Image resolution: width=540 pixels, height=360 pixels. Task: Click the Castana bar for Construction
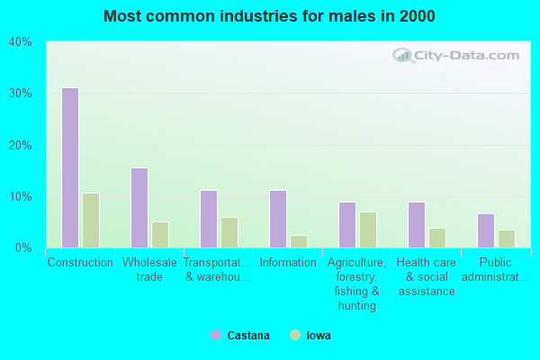click(x=69, y=167)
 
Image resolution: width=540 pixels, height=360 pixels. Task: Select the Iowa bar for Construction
click(x=90, y=220)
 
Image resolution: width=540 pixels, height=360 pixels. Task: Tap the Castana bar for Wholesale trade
click(x=139, y=208)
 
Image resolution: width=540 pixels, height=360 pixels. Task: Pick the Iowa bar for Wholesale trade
click(x=159, y=235)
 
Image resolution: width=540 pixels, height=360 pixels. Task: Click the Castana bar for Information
click(x=277, y=219)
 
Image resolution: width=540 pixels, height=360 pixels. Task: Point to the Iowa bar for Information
click(x=298, y=241)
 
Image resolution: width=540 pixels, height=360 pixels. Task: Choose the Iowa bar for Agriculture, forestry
click(x=367, y=229)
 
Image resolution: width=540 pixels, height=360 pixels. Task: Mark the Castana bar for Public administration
click(x=485, y=230)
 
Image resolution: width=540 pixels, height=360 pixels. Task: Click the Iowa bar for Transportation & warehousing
click(x=229, y=232)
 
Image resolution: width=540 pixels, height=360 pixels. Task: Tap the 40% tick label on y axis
click(x=20, y=42)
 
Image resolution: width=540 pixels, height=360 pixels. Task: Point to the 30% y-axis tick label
click(x=20, y=94)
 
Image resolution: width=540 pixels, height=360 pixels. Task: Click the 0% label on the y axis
click(x=23, y=247)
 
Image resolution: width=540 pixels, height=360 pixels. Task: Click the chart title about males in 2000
click(x=269, y=16)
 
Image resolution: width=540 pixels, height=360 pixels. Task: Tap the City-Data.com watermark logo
click(x=456, y=56)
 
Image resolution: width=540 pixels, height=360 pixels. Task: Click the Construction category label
click(x=80, y=263)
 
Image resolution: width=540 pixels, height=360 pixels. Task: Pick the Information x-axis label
click(x=288, y=263)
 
